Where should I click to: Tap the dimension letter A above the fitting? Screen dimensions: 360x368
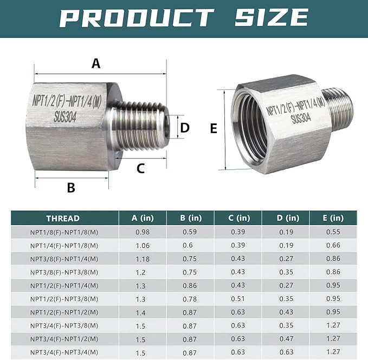[x=96, y=63]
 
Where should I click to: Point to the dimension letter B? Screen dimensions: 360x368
[x=70, y=188]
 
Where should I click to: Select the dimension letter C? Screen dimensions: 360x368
[x=140, y=168]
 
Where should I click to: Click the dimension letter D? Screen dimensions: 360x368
[x=185, y=128]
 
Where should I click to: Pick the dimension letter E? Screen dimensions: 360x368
[x=213, y=128]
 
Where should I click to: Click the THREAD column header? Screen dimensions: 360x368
[x=63, y=218]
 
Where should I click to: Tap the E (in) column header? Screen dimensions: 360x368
[x=333, y=218]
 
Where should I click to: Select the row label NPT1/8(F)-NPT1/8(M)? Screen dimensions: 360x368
[x=64, y=232]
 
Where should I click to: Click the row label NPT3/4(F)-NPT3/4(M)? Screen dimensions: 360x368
[x=64, y=352]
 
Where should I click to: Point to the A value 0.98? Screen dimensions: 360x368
[x=142, y=232]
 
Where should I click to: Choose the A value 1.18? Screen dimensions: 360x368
[x=142, y=259]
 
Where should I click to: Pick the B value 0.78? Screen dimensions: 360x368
[x=190, y=299]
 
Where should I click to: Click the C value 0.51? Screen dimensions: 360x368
[x=237, y=299]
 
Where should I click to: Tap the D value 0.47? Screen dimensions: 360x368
[x=285, y=339]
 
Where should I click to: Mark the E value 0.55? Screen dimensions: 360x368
[x=333, y=232]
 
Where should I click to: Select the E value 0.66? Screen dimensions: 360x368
[x=333, y=245]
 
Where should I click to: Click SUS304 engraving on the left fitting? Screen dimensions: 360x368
[x=67, y=114]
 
